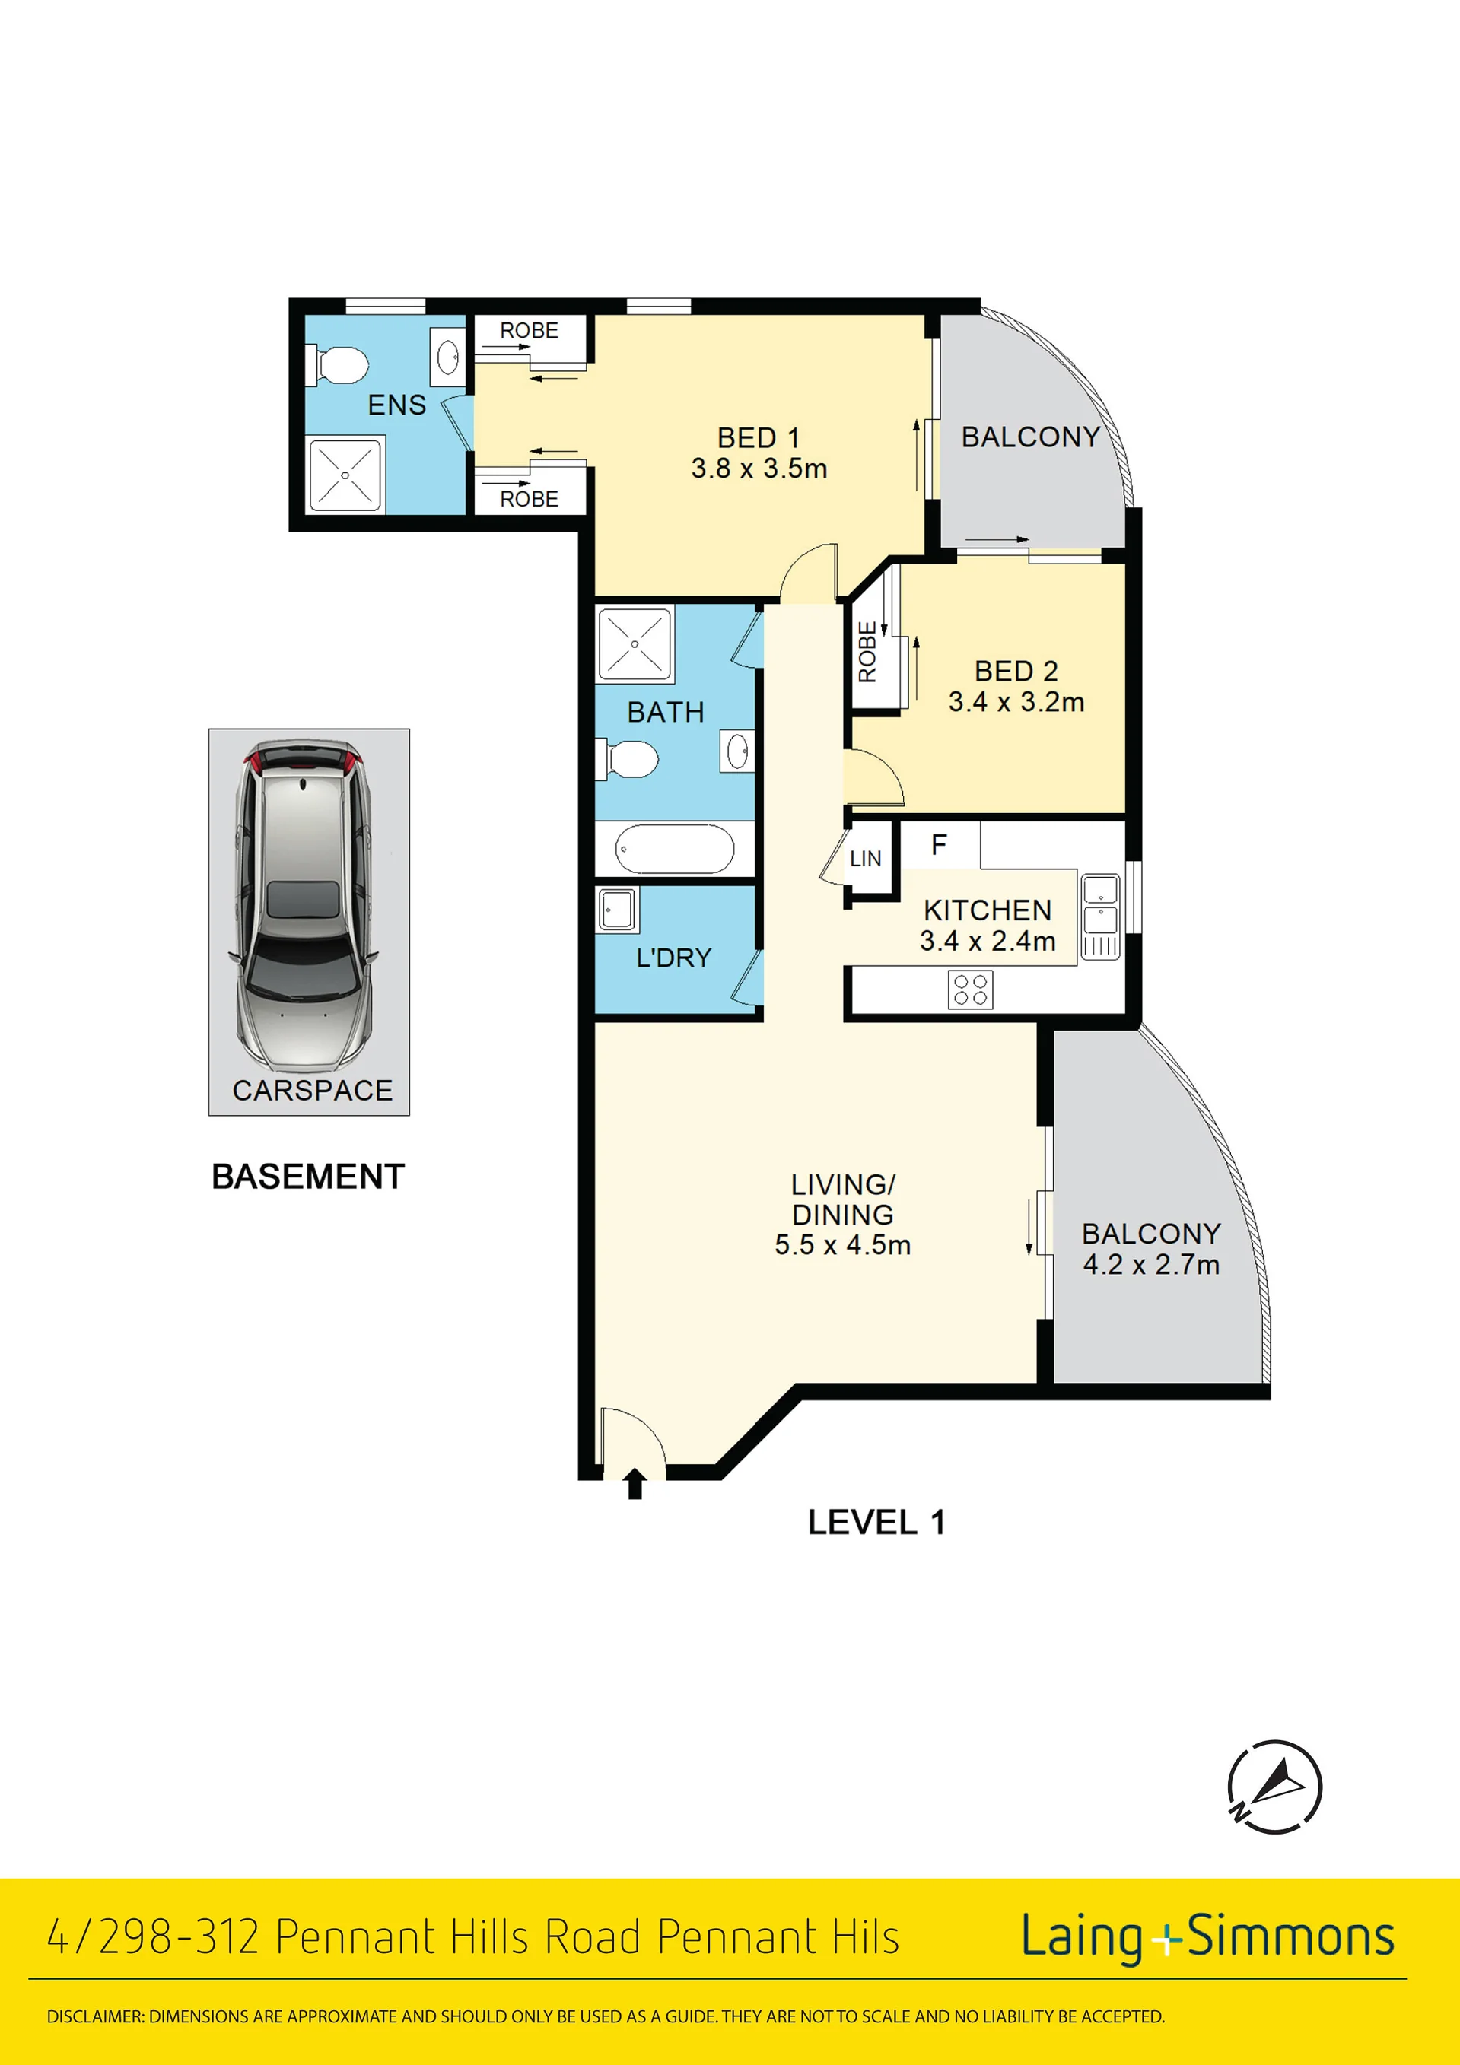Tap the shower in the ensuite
click(345, 474)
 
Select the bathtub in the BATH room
click(675, 848)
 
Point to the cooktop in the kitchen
click(971, 990)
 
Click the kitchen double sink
click(1100, 917)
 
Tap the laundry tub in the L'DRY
click(618, 910)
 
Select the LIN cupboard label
click(865, 859)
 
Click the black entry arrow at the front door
click(635, 1483)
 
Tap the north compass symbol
click(1274, 1786)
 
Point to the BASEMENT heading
click(307, 1177)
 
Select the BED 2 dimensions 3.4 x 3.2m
click(1016, 701)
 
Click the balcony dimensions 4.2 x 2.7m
click(1151, 1265)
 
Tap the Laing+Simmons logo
click(1207, 1936)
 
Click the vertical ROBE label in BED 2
click(867, 652)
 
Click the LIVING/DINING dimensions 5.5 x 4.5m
click(843, 1245)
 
